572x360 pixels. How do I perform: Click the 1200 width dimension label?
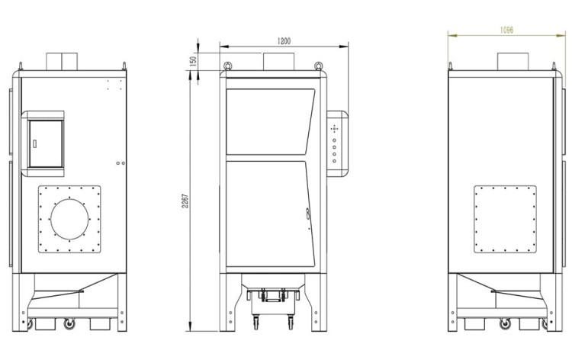click(x=284, y=41)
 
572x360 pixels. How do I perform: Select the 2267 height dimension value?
click(x=185, y=201)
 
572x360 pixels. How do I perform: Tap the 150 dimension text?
click(x=194, y=60)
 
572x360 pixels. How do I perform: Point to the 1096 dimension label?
click(x=506, y=30)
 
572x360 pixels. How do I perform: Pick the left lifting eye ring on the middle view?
click(x=228, y=66)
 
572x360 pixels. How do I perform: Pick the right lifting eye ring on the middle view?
click(x=319, y=66)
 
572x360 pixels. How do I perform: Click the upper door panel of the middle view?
click(x=270, y=121)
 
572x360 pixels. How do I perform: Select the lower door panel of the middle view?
click(x=270, y=214)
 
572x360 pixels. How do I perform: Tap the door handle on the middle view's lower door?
click(x=308, y=214)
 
